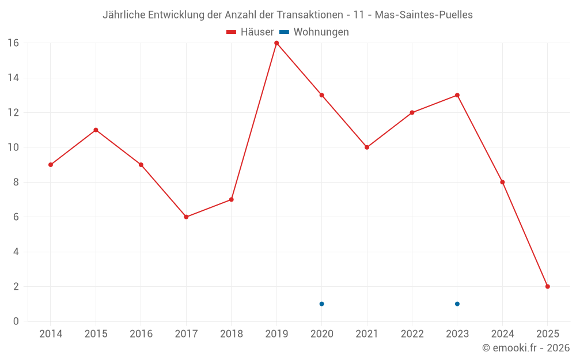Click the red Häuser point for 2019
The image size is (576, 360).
point(276,43)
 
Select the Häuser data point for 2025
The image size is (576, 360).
point(547,286)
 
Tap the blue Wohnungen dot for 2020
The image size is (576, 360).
point(321,304)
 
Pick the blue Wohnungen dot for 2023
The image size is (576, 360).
point(457,304)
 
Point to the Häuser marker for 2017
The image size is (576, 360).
point(186,217)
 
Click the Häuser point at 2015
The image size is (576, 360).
point(96,130)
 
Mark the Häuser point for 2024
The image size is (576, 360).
point(502,182)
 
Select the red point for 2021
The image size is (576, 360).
point(367,147)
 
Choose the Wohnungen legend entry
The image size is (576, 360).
point(321,32)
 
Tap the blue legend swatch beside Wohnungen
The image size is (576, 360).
point(284,32)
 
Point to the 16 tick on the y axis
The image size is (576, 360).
point(13,43)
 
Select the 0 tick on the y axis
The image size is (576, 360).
point(16,321)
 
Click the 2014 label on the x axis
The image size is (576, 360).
point(51,334)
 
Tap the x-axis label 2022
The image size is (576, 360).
point(412,334)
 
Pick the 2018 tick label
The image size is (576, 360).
point(231,334)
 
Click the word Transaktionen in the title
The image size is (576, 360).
point(312,15)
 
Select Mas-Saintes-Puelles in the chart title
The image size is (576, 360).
point(423,15)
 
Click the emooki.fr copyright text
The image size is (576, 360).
point(526,348)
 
